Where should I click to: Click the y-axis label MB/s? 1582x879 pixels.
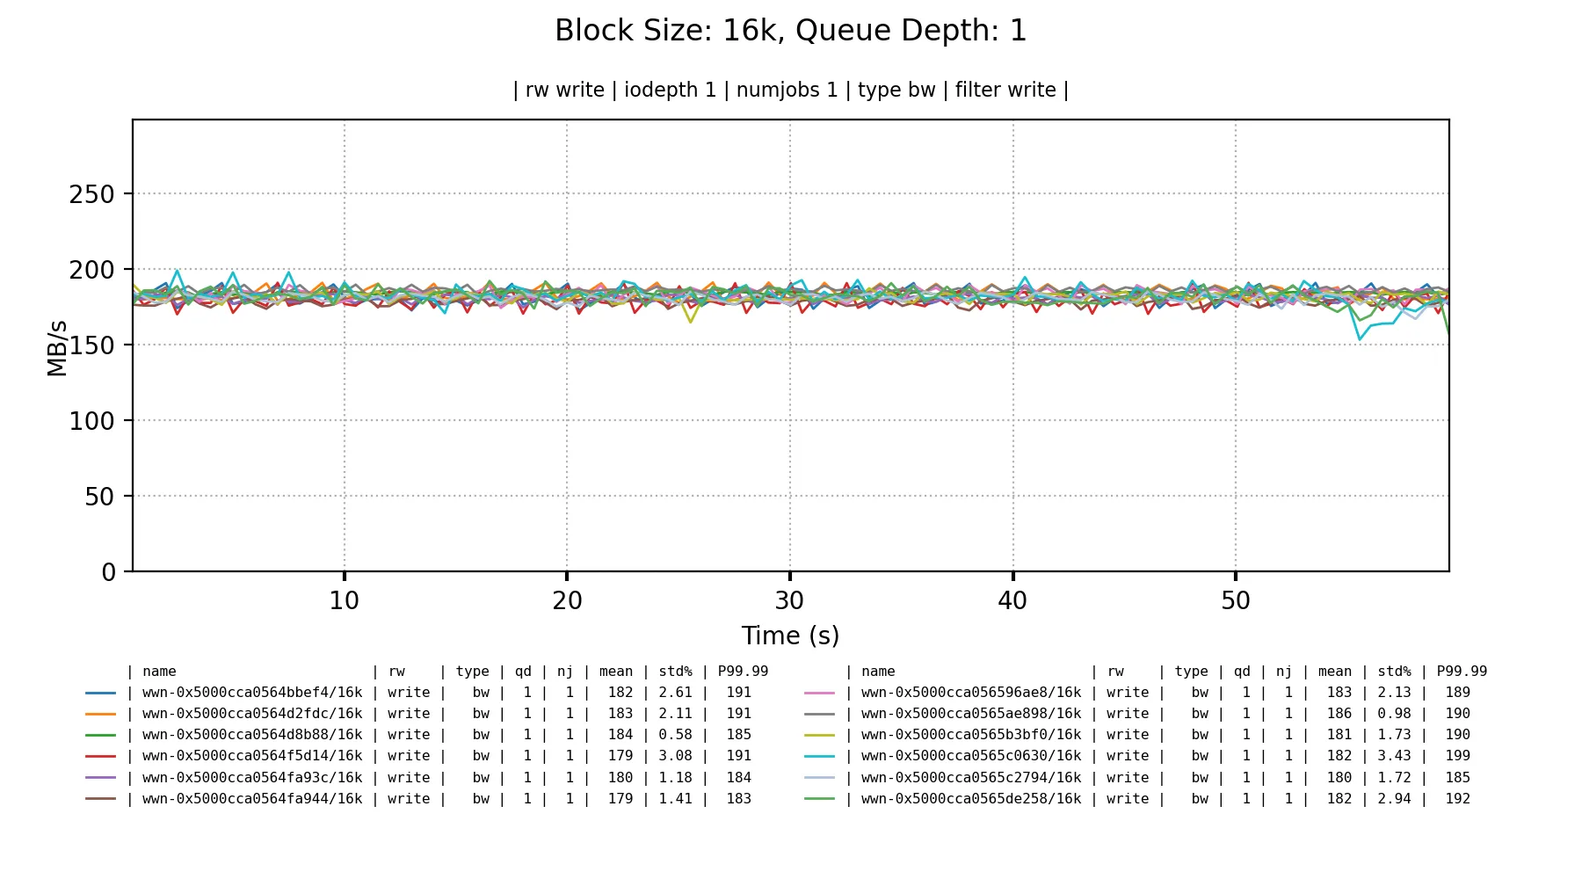pos(57,349)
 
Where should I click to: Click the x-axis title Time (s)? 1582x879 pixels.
pos(789,636)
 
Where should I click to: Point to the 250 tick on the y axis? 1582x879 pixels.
pos(91,194)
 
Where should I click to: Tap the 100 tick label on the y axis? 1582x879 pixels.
pos(91,421)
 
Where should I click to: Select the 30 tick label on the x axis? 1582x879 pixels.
pos(789,601)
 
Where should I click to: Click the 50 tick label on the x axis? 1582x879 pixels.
pos(1235,601)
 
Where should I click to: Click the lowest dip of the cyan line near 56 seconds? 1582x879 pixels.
pos(1360,339)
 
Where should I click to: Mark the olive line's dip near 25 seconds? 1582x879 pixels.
pos(690,322)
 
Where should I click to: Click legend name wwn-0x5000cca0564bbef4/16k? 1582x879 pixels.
pos(252,693)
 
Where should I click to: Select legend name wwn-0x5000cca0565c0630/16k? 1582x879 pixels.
pos(971,756)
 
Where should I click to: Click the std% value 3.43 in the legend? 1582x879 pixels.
pos(1394,756)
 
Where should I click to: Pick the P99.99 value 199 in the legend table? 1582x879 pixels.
pos(1457,756)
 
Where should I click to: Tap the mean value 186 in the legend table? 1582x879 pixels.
pos(1339,714)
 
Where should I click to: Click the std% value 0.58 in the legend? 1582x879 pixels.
pos(675,735)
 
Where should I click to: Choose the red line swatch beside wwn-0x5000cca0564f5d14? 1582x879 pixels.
pos(100,756)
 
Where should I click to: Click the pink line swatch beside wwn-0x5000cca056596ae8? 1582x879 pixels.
pos(819,693)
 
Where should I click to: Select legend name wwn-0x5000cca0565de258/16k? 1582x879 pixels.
pos(971,799)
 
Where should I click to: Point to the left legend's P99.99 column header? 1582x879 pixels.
pos(743,672)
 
